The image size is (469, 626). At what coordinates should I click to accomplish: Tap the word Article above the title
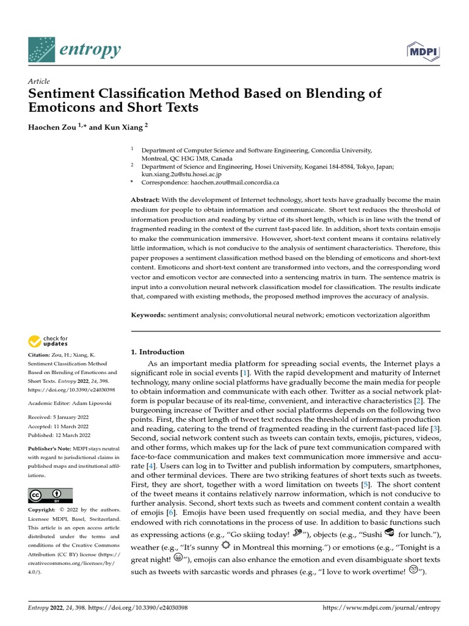(39, 81)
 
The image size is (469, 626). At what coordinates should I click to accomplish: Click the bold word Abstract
(145, 201)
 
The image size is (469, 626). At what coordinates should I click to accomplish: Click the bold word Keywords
(148, 315)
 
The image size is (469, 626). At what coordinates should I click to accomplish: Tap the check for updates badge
(48, 341)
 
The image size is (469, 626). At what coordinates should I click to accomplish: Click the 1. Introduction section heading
(158, 352)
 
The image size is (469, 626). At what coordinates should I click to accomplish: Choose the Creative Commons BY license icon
(50, 495)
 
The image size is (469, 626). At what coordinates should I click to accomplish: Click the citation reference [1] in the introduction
(245, 372)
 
